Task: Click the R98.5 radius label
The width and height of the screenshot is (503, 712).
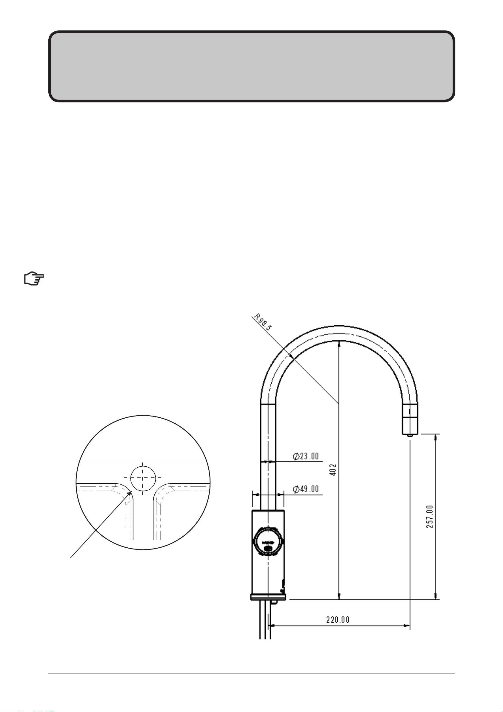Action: [x=263, y=322]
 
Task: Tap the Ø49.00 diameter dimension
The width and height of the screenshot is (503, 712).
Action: [x=306, y=489]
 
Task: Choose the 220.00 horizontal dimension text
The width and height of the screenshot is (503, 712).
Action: [x=338, y=620]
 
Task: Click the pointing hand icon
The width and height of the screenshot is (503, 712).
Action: [x=34, y=279]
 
